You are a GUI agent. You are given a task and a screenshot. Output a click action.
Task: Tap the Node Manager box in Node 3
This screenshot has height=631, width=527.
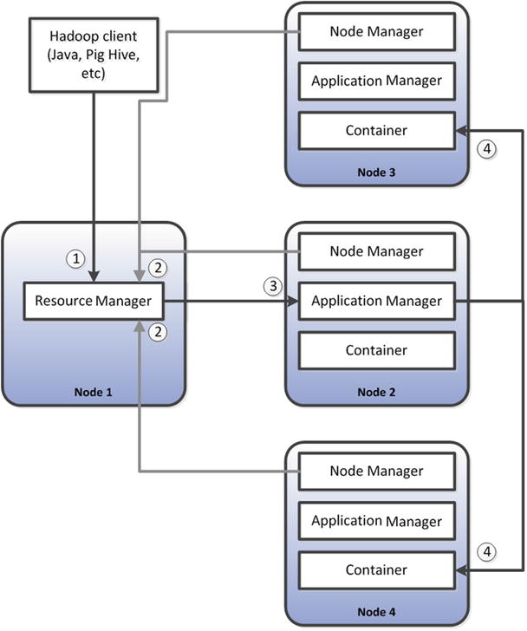[377, 32]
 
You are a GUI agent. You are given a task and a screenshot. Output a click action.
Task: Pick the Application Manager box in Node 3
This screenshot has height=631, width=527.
[377, 81]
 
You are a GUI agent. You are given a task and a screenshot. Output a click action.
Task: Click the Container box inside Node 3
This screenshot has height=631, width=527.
[377, 130]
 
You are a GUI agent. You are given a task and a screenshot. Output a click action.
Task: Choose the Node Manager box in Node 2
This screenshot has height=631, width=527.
[377, 252]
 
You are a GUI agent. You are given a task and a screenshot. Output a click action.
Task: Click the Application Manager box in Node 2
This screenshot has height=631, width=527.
[377, 302]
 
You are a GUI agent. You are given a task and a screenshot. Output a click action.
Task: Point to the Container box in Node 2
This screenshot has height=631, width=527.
[377, 350]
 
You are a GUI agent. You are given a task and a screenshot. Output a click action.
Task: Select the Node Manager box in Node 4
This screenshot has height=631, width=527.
[377, 472]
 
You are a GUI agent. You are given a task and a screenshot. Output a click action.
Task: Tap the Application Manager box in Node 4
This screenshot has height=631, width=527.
[377, 522]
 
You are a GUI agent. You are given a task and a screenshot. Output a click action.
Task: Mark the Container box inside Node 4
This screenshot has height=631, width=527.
[377, 570]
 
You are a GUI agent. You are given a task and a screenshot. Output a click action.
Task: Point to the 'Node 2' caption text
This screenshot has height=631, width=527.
[377, 393]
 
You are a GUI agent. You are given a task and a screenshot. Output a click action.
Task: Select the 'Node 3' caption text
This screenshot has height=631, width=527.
[377, 172]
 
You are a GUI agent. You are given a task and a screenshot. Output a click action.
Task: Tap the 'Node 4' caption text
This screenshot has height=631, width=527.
[377, 612]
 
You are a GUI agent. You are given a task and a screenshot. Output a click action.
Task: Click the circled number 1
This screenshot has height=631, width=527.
[78, 258]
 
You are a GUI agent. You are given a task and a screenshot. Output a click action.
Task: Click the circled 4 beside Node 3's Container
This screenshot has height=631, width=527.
[488, 148]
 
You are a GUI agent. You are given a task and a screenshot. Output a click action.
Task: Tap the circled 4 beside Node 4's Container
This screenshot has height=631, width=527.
[488, 551]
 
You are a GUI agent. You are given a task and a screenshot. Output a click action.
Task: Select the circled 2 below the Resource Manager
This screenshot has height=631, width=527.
[157, 330]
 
